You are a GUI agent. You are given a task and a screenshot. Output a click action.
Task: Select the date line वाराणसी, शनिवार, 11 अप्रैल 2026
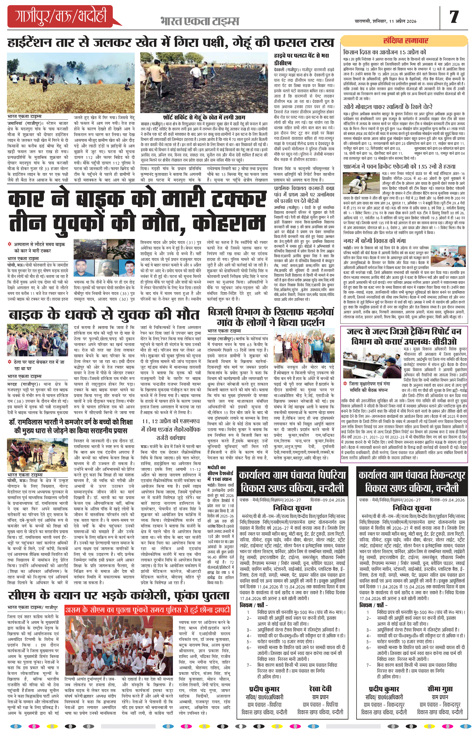coord(385,21)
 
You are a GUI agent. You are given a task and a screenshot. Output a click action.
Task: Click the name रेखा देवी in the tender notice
coord(320,689)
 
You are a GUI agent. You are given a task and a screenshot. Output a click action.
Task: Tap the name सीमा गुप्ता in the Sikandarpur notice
coord(440,689)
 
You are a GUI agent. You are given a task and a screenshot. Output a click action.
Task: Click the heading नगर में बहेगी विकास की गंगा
coord(374,241)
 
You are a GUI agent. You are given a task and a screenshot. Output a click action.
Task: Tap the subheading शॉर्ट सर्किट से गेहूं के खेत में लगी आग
coord(204,117)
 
